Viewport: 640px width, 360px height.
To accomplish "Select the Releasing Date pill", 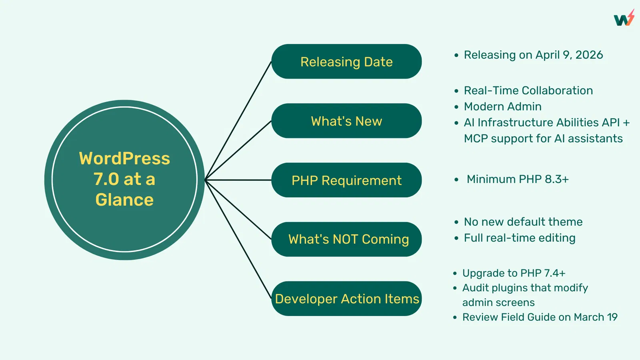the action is point(346,62).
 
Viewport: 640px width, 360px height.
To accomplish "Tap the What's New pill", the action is point(346,121).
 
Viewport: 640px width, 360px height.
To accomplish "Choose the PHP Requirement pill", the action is point(346,180).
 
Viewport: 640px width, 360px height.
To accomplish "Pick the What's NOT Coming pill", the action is point(346,239).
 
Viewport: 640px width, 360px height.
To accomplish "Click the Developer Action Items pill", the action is point(346,298).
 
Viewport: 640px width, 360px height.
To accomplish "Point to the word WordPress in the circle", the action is point(124,158).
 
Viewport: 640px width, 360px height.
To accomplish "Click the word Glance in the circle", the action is point(124,200).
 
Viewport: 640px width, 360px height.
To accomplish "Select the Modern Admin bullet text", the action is point(502,106).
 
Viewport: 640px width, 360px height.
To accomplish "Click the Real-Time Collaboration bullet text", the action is point(528,90).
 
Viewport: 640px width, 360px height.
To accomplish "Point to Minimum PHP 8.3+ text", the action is point(518,179).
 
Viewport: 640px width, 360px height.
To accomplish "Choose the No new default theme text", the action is point(523,222).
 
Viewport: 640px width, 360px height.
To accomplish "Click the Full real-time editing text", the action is point(520,238).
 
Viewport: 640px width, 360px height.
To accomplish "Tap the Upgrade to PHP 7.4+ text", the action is point(514,273).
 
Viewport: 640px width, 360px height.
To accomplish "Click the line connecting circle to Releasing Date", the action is point(238,120).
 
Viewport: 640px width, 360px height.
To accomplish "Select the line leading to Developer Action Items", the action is point(238,240).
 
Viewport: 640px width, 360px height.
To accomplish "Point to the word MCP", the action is point(476,138).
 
